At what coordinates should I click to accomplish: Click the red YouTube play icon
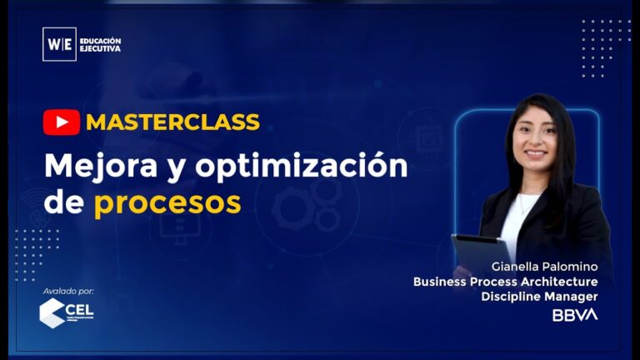(x=62, y=122)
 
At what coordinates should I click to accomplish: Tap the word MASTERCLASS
(x=172, y=122)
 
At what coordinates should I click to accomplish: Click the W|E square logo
(x=59, y=44)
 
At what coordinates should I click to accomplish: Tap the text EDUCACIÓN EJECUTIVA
(x=101, y=44)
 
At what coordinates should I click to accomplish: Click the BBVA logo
(x=575, y=315)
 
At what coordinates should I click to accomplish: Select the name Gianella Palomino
(x=545, y=267)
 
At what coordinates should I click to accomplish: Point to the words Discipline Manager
(x=539, y=296)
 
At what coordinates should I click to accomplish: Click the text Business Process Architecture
(x=505, y=282)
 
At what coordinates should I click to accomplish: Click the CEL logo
(x=67, y=313)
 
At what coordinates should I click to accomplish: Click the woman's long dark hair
(x=562, y=167)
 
